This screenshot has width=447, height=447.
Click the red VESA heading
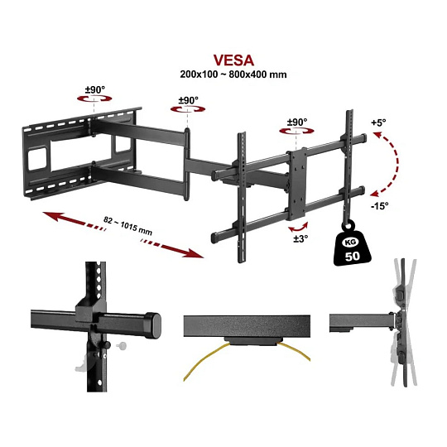point(233,60)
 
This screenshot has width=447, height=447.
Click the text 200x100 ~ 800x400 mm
point(233,74)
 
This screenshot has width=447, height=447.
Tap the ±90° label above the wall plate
point(95,89)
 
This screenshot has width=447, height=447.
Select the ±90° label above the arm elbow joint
point(188,100)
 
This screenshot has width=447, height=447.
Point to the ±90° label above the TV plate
point(297,122)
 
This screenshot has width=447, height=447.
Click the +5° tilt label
point(378,123)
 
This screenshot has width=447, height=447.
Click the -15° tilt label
point(379,205)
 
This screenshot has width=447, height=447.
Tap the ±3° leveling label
point(300,238)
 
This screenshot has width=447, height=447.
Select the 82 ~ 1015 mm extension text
point(127,226)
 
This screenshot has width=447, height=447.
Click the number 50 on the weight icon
point(353,256)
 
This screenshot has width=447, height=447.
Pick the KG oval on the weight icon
point(350,243)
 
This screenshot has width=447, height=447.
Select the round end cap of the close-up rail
point(154,325)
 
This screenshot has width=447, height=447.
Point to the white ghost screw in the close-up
point(121,346)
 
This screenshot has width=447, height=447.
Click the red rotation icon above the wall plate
point(94,99)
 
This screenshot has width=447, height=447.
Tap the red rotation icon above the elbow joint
point(188,109)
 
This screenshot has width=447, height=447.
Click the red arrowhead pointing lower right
point(195,253)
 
